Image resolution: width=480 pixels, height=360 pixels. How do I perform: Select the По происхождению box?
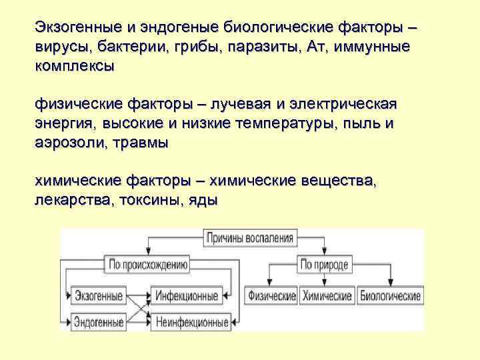(147, 265)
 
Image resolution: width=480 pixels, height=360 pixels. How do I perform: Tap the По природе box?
(325, 265)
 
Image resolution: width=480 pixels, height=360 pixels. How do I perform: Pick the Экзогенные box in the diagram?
(99, 295)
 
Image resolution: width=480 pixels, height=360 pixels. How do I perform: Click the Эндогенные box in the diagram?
(99, 322)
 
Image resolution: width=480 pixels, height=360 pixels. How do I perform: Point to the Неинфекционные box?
(192, 323)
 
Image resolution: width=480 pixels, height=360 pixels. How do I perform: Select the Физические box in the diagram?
(271, 295)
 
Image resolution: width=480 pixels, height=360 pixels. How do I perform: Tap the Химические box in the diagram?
(327, 295)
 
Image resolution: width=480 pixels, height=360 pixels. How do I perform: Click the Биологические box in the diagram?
(390, 295)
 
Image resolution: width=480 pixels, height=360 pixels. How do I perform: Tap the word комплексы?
(74, 67)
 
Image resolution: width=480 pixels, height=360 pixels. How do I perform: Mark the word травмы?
(142, 143)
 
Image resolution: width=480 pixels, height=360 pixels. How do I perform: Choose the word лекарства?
(71, 200)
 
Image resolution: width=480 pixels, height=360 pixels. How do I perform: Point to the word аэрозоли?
(68, 143)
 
